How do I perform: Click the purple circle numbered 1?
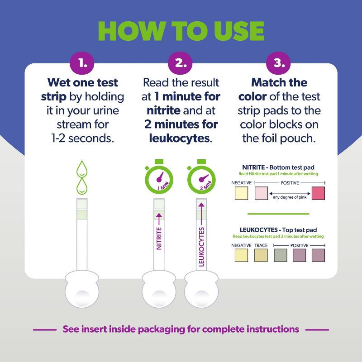[x=83, y=63]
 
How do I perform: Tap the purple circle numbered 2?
[x=181, y=63]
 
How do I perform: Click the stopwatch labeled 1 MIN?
[x=158, y=179]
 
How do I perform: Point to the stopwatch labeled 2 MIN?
[x=201, y=179]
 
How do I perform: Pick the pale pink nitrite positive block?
[x=262, y=193]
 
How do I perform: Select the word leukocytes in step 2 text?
[x=179, y=138]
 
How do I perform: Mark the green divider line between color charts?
[x=278, y=214]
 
